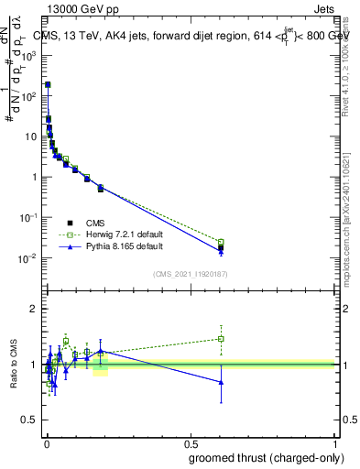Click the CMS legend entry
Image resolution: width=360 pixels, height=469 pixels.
96,223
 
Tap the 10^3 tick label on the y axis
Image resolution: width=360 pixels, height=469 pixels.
31,56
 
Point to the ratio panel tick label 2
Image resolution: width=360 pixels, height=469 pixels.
34,310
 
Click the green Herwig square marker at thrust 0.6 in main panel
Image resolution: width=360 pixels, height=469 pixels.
221,242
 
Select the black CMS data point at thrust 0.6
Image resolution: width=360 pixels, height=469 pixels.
221,248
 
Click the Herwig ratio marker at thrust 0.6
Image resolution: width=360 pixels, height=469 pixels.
221,339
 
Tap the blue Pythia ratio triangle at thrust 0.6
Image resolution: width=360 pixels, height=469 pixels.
221,382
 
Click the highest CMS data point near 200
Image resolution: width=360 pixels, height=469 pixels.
48,84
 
